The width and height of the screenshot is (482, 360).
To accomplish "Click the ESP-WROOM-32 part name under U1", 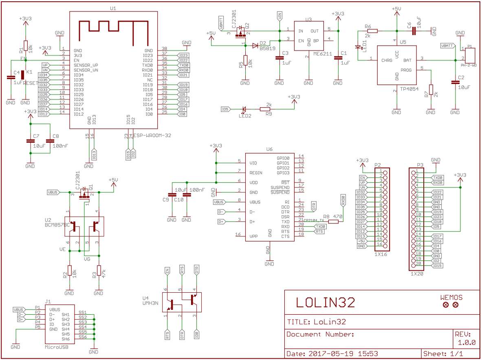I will [x=152, y=135].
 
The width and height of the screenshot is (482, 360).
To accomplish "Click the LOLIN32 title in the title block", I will [x=325, y=302].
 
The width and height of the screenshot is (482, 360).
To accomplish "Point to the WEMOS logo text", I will [x=451, y=298].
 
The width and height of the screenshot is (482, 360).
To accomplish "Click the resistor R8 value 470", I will [x=337, y=216].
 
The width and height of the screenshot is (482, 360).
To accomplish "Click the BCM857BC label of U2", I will [x=57, y=225].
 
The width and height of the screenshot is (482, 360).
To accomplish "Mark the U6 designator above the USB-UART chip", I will [x=269, y=150].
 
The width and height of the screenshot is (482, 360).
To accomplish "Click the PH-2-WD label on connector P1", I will [x=469, y=65].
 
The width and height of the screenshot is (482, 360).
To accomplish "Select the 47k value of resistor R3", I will [x=103, y=271].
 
